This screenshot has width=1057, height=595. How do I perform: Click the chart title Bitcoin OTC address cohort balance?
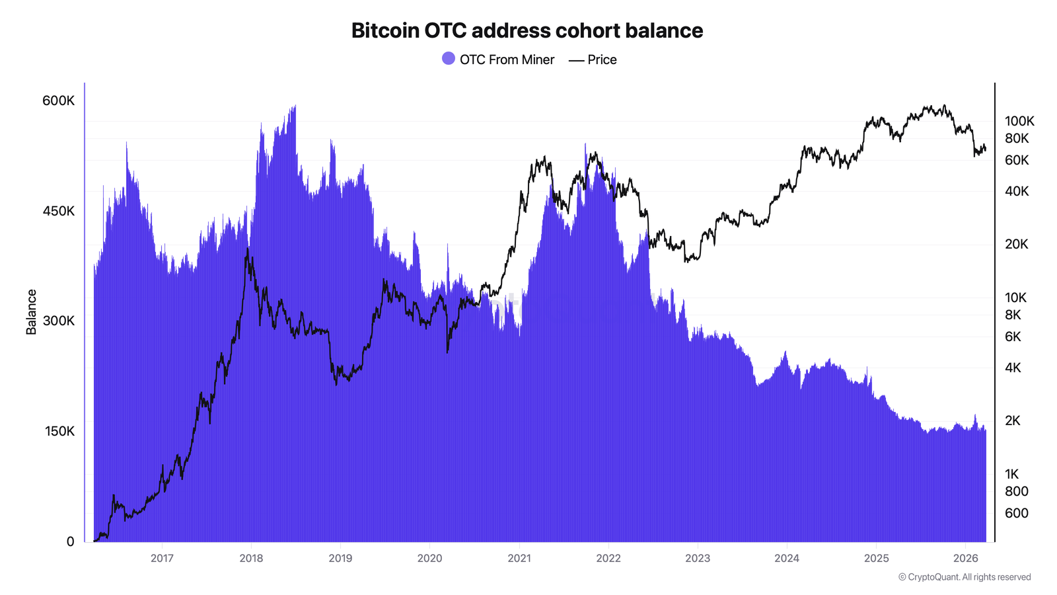point(527,30)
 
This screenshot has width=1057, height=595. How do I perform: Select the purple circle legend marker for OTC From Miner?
point(449,59)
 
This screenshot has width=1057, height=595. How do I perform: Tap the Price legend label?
point(602,59)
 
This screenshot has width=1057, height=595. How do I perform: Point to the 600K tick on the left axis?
point(58,100)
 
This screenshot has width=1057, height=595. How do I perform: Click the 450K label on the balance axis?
point(58,211)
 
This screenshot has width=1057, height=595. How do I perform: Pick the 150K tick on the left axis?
point(59,431)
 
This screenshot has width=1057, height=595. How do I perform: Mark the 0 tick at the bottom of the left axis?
point(70,541)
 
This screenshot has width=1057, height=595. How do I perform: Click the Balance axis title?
point(31,312)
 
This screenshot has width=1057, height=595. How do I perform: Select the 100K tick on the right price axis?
point(1019,121)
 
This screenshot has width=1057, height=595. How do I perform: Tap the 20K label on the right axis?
point(1017,244)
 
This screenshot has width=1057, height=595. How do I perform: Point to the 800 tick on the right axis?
point(1016,491)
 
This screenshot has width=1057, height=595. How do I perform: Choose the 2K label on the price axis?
point(1013,420)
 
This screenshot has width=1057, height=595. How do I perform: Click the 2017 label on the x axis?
point(162,558)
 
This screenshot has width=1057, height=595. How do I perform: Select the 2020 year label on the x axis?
point(429,558)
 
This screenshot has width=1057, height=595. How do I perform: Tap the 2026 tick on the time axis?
point(965,558)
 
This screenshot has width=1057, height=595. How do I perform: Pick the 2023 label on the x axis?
point(697,558)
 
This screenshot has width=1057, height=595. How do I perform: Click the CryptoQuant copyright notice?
point(964,577)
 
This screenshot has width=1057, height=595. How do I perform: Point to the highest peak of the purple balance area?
point(295,106)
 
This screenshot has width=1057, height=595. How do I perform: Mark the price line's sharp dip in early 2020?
point(447,351)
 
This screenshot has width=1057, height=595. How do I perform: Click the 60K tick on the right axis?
point(1017,160)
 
